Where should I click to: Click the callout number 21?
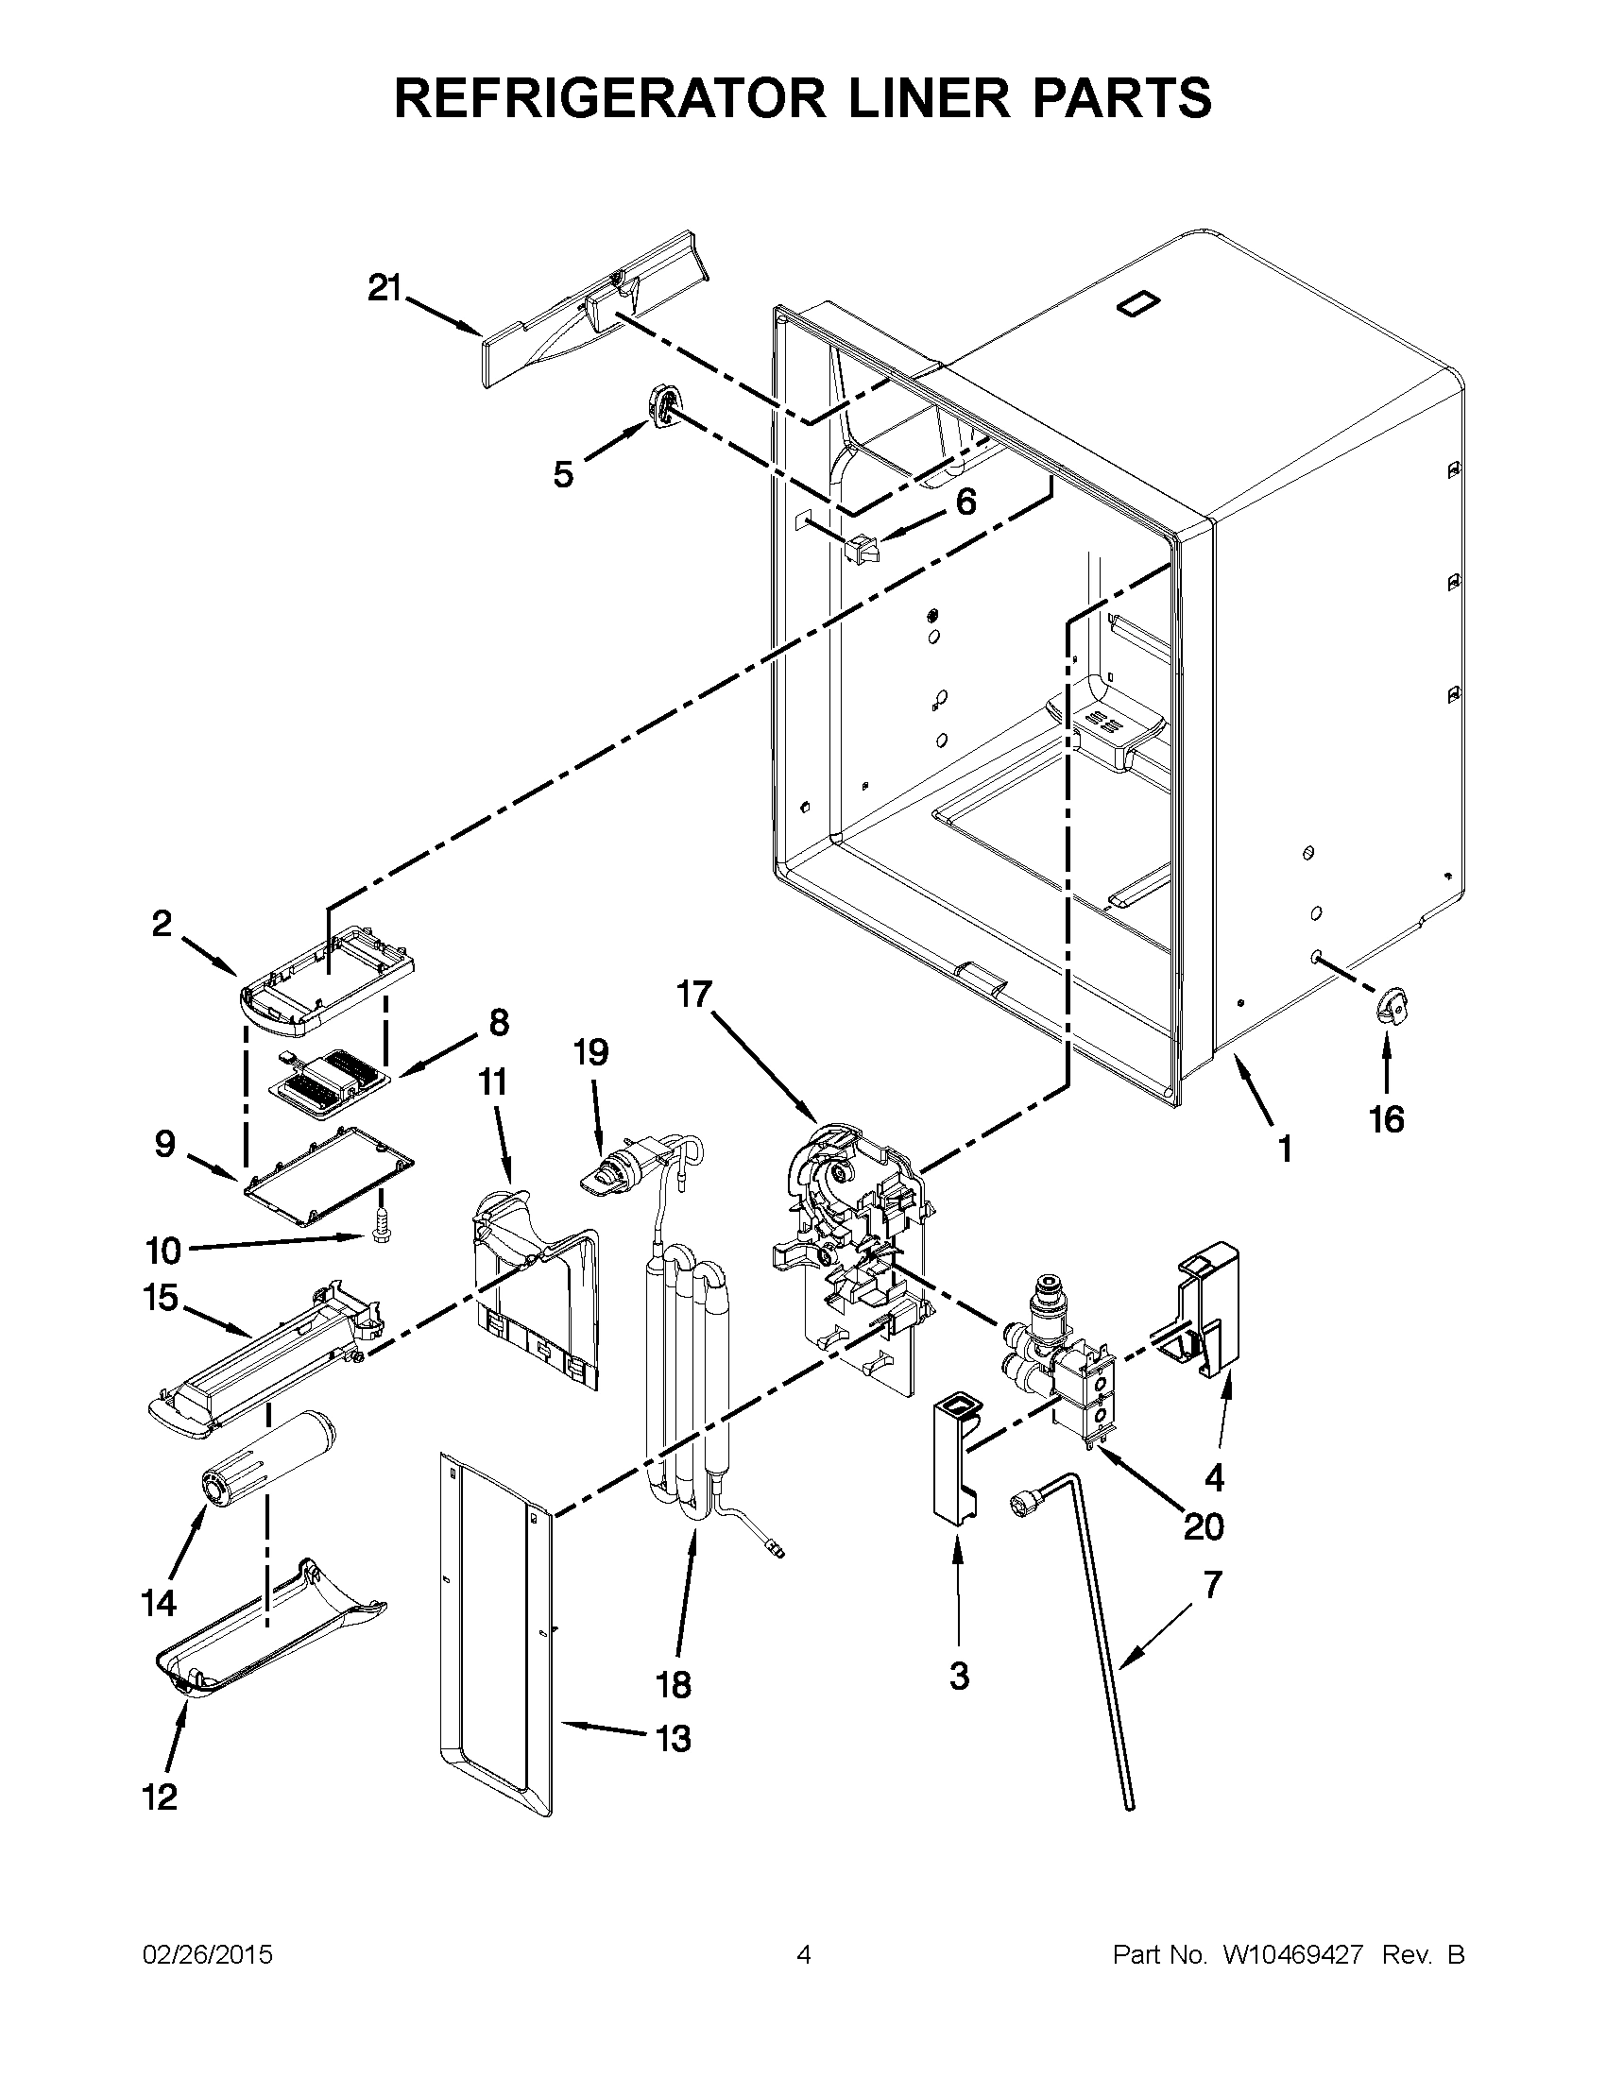385,287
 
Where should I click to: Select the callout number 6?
965,502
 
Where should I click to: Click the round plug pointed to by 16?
1390,1006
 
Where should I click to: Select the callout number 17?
694,995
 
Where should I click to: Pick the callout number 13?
673,1739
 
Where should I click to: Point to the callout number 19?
590,1053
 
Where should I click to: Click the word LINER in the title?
921,98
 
